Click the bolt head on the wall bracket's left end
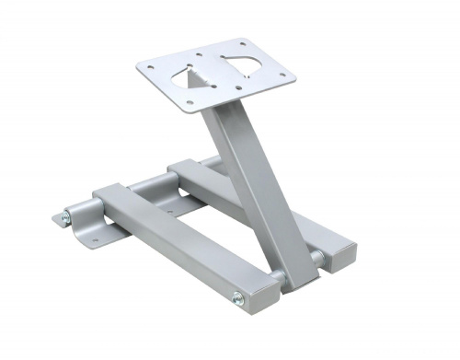(63, 217)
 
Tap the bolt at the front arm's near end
(238, 296)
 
